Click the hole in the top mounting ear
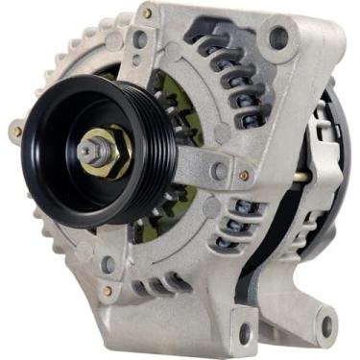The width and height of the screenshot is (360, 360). coord(278,39)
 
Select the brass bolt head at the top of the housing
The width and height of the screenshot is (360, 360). coord(146,14)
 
